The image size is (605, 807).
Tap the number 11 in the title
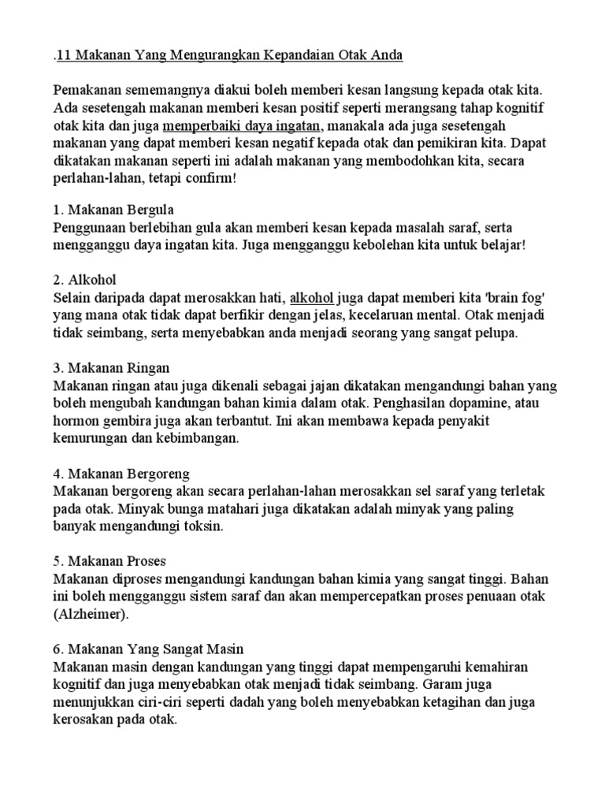[x=66, y=56]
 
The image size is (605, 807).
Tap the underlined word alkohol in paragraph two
[x=313, y=298]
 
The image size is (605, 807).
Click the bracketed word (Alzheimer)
[x=90, y=613]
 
